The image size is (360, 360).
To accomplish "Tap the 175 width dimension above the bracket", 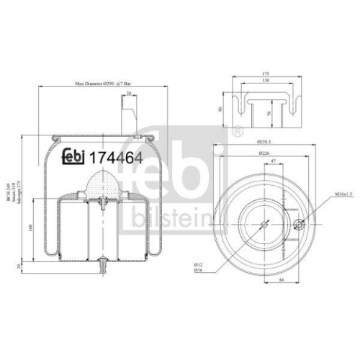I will coord(266,74).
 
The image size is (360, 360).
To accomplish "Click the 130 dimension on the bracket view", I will coord(266,83).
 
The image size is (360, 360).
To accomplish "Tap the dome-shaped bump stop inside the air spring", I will coord(103,184).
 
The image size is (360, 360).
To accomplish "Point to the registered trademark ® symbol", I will coord(235,132).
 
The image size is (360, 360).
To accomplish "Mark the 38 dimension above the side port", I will coord(128,94).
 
